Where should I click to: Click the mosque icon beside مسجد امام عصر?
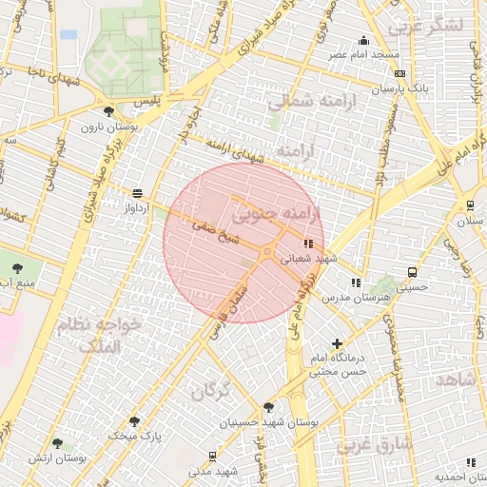(x=363, y=40)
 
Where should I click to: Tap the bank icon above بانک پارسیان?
(x=400, y=73)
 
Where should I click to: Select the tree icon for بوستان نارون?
(x=109, y=110)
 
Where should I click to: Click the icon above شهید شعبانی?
(x=306, y=243)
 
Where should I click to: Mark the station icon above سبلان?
(x=470, y=205)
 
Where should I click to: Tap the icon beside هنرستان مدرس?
(x=355, y=282)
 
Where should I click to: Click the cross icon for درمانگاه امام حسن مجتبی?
(x=336, y=343)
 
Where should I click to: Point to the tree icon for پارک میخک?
(x=133, y=419)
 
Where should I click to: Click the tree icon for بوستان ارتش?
(x=57, y=442)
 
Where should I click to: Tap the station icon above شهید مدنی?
(x=210, y=456)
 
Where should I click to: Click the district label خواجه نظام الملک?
(x=100, y=336)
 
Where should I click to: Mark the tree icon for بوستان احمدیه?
(x=470, y=462)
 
